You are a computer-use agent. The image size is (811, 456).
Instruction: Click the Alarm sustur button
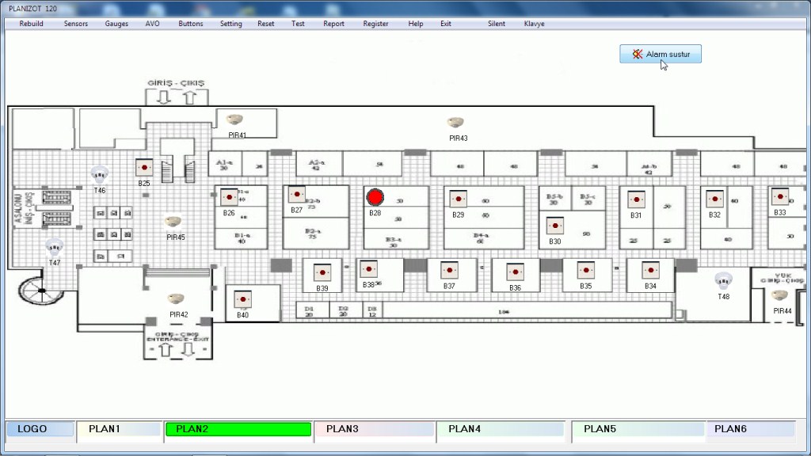click(661, 54)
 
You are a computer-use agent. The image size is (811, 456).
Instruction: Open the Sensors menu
click(76, 24)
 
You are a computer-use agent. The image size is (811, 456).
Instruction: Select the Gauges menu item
click(116, 24)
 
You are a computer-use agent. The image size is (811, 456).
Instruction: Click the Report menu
click(333, 24)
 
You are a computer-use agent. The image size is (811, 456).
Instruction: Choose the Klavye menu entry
click(534, 24)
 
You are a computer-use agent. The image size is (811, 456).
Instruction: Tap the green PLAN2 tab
click(238, 429)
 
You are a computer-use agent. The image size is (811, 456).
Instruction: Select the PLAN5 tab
click(638, 429)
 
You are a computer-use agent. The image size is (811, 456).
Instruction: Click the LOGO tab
click(40, 429)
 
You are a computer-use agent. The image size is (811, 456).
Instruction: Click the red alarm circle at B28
click(375, 197)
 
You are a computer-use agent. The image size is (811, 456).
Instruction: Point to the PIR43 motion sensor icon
click(455, 123)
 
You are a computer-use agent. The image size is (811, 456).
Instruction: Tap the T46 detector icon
click(99, 173)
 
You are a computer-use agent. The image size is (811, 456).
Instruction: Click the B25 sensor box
click(143, 168)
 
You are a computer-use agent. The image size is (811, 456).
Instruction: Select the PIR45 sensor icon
click(172, 222)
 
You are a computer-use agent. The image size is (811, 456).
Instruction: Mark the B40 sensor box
click(242, 299)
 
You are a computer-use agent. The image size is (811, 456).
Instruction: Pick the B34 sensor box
click(650, 270)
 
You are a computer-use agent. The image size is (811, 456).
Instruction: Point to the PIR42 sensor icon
click(176, 299)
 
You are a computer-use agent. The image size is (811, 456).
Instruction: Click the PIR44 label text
click(782, 311)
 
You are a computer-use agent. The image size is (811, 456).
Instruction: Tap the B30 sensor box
click(554, 226)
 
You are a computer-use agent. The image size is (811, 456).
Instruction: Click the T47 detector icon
click(54, 246)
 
